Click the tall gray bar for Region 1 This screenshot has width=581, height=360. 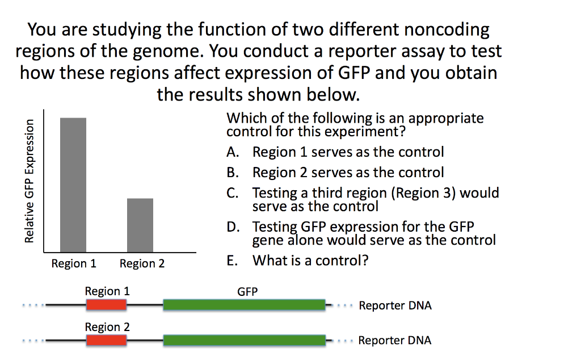pyautogui.click(x=73, y=185)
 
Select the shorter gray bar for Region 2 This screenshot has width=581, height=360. pyautogui.click(x=140, y=225)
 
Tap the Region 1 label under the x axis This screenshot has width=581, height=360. pyautogui.click(x=74, y=264)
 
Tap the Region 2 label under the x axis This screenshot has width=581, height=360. pyautogui.click(x=142, y=264)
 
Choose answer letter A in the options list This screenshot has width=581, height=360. pyautogui.click(x=231, y=152)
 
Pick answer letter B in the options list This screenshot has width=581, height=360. pyautogui.click(x=231, y=173)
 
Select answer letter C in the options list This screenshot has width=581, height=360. pyautogui.click(x=231, y=193)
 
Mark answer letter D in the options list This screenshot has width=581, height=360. pyautogui.click(x=231, y=228)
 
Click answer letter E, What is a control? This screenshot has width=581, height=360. pyautogui.click(x=231, y=261)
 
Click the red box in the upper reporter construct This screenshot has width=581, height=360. pyautogui.click(x=107, y=305)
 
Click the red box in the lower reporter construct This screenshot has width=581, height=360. pyautogui.click(x=107, y=341)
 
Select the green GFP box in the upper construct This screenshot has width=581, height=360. pyautogui.click(x=244, y=305)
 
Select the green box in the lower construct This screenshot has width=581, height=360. pyautogui.click(x=244, y=341)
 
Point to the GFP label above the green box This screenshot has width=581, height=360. pyautogui.click(x=247, y=292)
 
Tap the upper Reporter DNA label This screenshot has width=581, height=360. pyautogui.click(x=395, y=306)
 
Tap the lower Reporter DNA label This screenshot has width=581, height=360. pyautogui.click(x=395, y=341)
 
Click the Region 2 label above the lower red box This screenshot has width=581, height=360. pyautogui.click(x=107, y=327)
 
